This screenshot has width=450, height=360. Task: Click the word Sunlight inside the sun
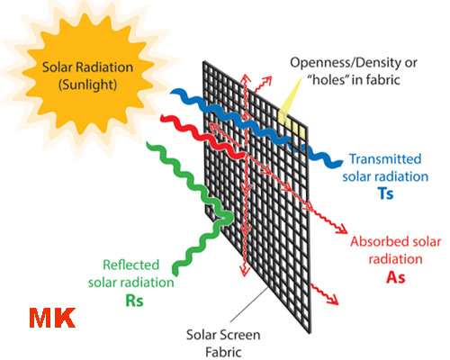(87, 85)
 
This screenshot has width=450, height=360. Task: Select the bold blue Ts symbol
(386, 193)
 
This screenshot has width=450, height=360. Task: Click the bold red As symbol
(396, 277)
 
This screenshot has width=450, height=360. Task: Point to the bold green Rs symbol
(134, 301)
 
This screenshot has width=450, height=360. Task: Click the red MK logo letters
(52, 318)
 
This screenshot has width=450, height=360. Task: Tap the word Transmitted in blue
(385, 159)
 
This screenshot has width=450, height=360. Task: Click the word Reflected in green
(130, 265)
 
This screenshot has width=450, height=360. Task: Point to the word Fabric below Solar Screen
(223, 352)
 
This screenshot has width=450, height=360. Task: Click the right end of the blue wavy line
(341, 162)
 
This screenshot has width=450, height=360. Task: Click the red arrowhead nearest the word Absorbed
(343, 229)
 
